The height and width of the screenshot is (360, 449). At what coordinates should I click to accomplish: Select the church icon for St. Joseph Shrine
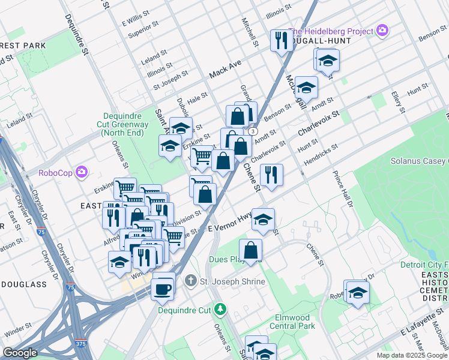(x=190, y=280)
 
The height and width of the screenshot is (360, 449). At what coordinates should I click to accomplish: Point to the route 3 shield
(x=253, y=131)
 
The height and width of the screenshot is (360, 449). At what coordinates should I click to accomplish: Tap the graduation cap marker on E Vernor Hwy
(x=263, y=220)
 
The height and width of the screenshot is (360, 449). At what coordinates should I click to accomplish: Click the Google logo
(x=20, y=352)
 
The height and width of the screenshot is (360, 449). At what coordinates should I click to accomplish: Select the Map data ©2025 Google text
(x=411, y=355)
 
